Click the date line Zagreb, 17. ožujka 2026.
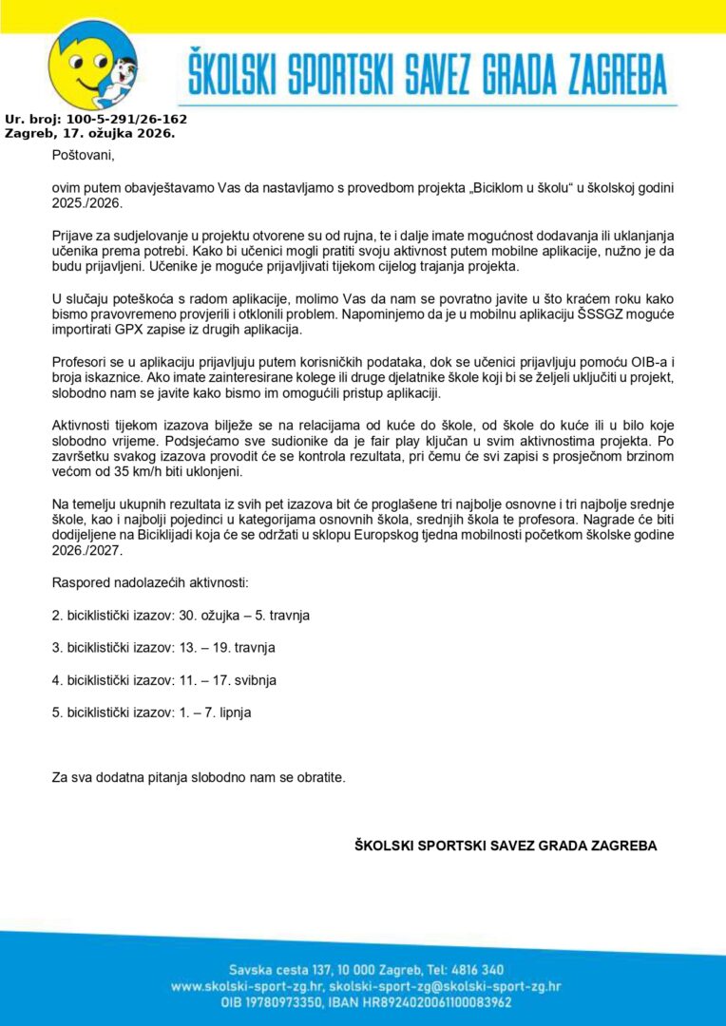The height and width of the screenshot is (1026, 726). (x=89, y=134)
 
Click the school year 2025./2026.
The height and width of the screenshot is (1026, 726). (x=87, y=203)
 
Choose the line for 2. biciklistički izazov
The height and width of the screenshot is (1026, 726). (x=181, y=616)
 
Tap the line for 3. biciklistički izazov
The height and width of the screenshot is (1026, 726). (x=167, y=648)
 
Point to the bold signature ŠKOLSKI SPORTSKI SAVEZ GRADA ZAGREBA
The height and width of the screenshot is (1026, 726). (x=506, y=845)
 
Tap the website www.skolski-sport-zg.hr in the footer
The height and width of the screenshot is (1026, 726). (x=247, y=986)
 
